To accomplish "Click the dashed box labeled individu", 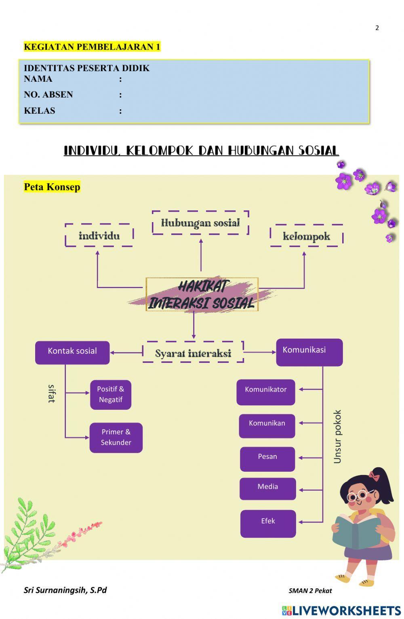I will click(99, 235).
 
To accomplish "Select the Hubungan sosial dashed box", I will click(200, 223).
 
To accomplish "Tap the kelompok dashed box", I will click(306, 236).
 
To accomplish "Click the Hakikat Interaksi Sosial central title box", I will click(202, 295).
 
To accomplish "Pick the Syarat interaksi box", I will click(193, 352).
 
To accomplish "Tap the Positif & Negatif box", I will click(111, 394).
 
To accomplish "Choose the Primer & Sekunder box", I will click(116, 437).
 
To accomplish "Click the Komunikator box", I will click(266, 392).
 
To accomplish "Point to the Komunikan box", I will click(267, 425).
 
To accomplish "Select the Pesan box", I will click(267, 459).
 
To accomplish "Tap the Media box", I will click(267, 489).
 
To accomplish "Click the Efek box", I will click(268, 524).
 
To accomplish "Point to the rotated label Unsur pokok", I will click(337, 437).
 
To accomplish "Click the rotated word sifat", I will click(51, 393).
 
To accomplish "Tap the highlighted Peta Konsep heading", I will click(52, 187).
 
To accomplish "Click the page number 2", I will click(377, 28).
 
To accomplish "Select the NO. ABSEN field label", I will click(48, 95).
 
